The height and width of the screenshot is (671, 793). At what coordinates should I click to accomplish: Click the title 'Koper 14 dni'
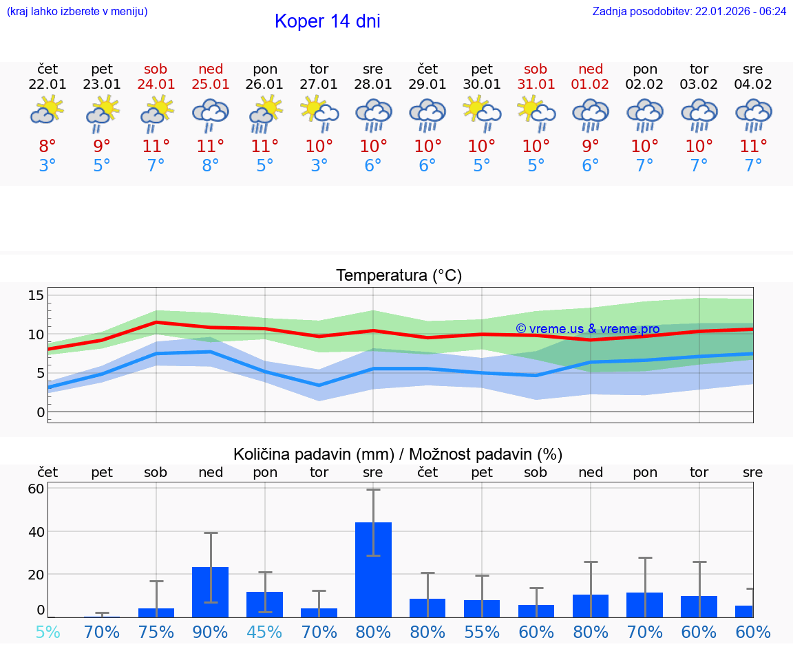(x=327, y=21)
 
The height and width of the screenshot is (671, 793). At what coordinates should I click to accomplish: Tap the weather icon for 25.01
(x=211, y=114)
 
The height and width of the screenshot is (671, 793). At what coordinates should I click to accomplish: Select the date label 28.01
(x=373, y=85)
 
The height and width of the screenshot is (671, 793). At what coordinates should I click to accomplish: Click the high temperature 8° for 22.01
(x=47, y=146)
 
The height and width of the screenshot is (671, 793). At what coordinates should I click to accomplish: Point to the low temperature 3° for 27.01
(x=319, y=166)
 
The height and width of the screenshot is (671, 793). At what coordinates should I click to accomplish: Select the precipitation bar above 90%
(x=211, y=592)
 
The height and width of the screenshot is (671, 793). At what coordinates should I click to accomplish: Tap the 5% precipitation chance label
(x=47, y=632)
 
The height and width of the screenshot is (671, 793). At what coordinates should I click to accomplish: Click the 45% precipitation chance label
(x=265, y=632)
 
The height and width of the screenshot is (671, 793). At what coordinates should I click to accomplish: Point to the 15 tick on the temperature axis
(x=36, y=295)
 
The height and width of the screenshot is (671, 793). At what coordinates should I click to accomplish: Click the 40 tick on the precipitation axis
(x=36, y=532)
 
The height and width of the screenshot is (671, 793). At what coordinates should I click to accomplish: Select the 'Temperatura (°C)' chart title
(x=399, y=276)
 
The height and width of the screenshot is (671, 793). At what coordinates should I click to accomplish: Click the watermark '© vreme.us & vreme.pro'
(x=587, y=329)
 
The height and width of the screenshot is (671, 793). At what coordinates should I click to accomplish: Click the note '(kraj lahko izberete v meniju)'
(x=77, y=12)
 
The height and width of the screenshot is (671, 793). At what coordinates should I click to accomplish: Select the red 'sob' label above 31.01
(x=536, y=70)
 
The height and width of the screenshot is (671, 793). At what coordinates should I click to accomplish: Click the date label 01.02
(x=591, y=85)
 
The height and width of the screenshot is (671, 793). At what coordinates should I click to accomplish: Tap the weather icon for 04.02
(x=753, y=114)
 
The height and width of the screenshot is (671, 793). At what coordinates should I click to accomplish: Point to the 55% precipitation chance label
(x=482, y=632)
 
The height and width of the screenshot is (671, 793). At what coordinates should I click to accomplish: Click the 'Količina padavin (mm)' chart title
(x=398, y=454)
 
